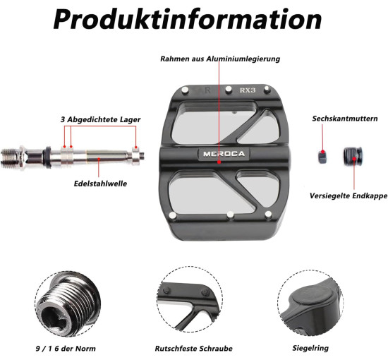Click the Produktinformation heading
click(x=188, y=19)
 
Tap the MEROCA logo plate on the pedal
click(x=224, y=154)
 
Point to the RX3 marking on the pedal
click(x=247, y=90)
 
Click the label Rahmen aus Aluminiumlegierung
click(x=220, y=59)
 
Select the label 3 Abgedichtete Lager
click(x=100, y=119)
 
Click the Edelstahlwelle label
click(x=100, y=184)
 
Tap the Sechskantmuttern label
click(x=345, y=119)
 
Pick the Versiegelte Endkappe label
click(x=348, y=196)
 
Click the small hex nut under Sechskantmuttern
click(x=322, y=157)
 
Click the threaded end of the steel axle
click(x=10, y=158)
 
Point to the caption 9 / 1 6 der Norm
click(x=66, y=349)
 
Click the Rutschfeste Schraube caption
click(x=193, y=349)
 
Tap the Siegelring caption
click(x=310, y=348)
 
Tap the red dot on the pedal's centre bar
click(x=219, y=162)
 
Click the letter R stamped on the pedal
click(x=207, y=90)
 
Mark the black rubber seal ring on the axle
click(x=47, y=156)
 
